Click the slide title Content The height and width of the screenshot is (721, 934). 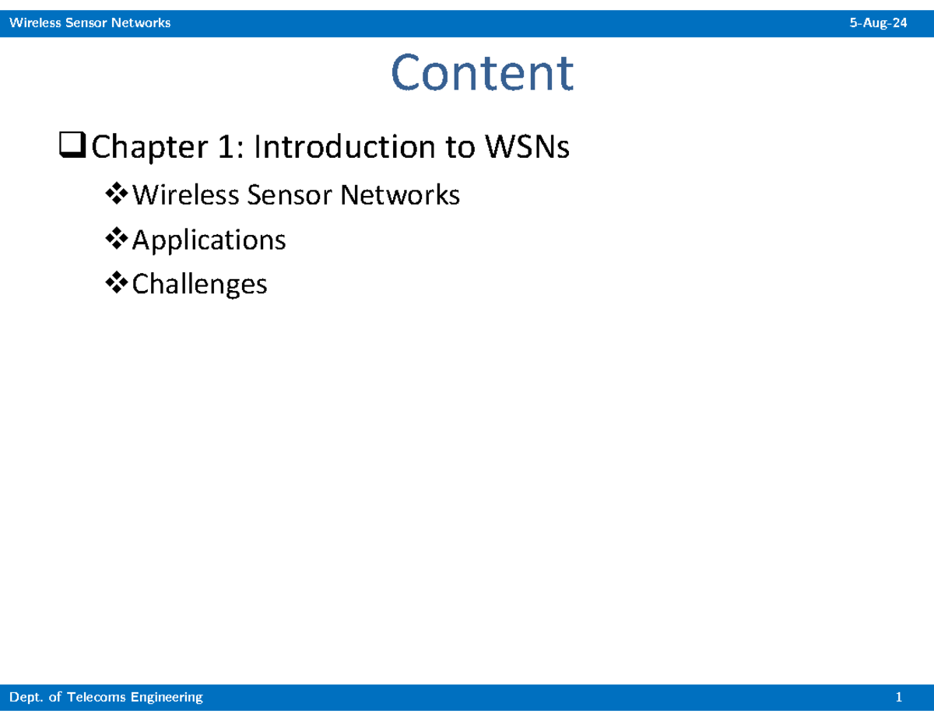click(482, 73)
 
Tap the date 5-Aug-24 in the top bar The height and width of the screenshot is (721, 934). click(878, 23)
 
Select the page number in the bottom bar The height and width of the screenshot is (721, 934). click(899, 698)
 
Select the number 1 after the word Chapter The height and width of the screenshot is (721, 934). click(223, 147)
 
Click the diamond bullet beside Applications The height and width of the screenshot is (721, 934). click(118, 239)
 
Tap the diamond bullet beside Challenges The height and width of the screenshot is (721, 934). click(118, 284)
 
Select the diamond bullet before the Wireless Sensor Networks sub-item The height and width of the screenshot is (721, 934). click(118, 194)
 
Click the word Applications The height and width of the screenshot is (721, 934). click(209, 240)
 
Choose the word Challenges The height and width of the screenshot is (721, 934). click(199, 285)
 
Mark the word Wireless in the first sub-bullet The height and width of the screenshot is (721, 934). click(185, 194)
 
